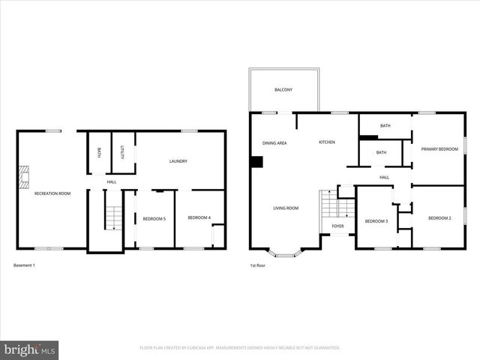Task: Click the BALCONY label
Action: pyautogui.click(x=283, y=90)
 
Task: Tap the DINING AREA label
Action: pyautogui.click(x=274, y=142)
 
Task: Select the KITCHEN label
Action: pyautogui.click(x=327, y=142)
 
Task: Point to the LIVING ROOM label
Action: pyautogui.click(x=286, y=208)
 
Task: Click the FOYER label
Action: pyautogui.click(x=338, y=226)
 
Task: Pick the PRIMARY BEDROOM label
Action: pyautogui.click(x=439, y=149)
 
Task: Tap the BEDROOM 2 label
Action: pyautogui.click(x=439, y=217)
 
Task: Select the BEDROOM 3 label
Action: pyautogui.click(x=376, y=221)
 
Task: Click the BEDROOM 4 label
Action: pyautogui.click(x=199, y=217)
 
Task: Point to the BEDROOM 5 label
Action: pyautogui.click(x=154, y=218)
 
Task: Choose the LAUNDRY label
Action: pyautogui.click(x=178, y=161)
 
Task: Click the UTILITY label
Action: pyautogui.click(x=123, y=152)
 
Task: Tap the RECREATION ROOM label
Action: pyautogui.click(x=52, y=193)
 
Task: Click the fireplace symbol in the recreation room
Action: pyautogui.click(x=24, y=177)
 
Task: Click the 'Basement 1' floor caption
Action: pyautogui.click(x=25, y=265)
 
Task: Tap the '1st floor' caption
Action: pyautogui.click(x=258, y=265)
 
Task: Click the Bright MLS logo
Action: pyautogui.click(x=30, y=350)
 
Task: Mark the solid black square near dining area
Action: pyautogui.click(x=256, y=162)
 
